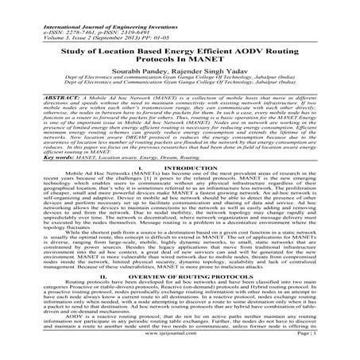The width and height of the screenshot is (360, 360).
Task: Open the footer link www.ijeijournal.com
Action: pos(180,346)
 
